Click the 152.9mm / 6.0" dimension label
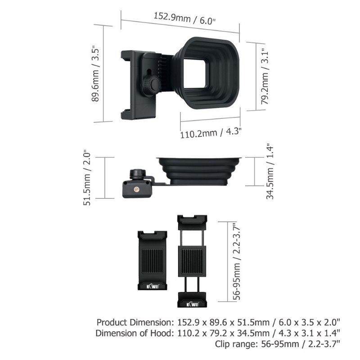click(184, 18)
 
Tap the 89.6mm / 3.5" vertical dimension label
click(95, 75)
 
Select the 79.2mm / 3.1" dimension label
click(265, 76)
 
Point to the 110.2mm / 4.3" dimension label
click(211, 132)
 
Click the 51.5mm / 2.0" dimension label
click(87, 178)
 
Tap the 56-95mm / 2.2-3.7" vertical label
click(237, 261)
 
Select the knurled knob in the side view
click(138, 174)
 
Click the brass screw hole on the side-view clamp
click(137, 189)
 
